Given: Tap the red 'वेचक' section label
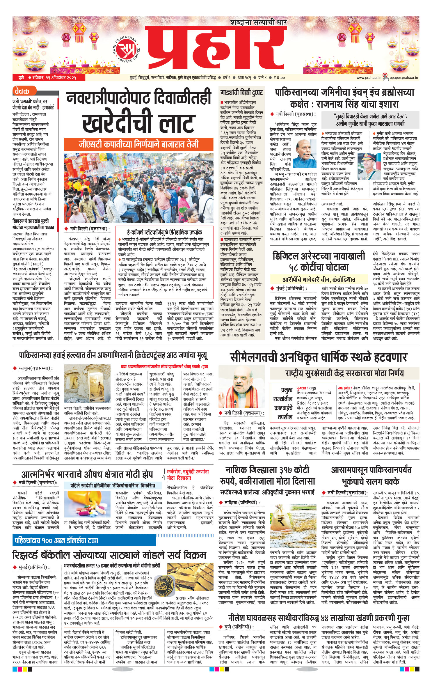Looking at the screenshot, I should [x=22, y=91].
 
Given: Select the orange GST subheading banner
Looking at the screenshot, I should [x=139, y=144].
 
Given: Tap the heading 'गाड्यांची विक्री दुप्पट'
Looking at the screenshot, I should [x=241, y=93].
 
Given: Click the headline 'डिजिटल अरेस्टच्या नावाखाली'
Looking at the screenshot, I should [x=319, y=256].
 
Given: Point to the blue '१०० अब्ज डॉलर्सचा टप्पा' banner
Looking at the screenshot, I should [x=57, y=541].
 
